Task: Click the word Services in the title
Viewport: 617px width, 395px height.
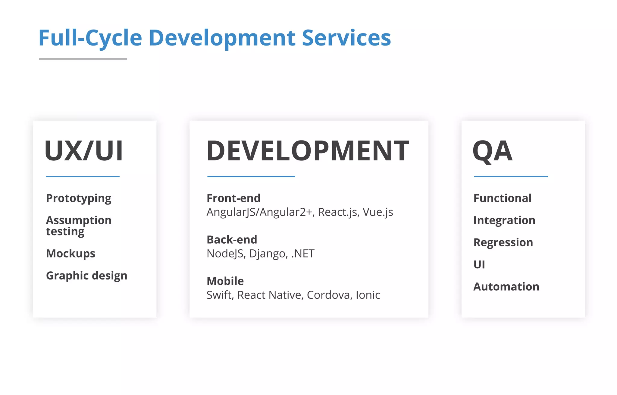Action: [346, 38]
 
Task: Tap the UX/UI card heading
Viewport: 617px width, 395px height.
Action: [84, 151]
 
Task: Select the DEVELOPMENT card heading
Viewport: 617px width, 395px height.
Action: [308, 151]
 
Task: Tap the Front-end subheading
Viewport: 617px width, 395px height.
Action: [233, 198]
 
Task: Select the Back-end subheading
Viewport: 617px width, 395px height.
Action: [232, 240]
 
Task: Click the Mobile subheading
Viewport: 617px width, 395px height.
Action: [225, 281]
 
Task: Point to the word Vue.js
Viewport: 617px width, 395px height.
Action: [378, 212]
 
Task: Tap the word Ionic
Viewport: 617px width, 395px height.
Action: [368, 295]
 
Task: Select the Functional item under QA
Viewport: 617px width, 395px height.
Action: [503, 198]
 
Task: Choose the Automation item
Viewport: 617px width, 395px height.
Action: [506, 287]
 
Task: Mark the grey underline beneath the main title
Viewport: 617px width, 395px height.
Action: [83, 59]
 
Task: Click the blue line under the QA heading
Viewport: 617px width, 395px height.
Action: [511, 177]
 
